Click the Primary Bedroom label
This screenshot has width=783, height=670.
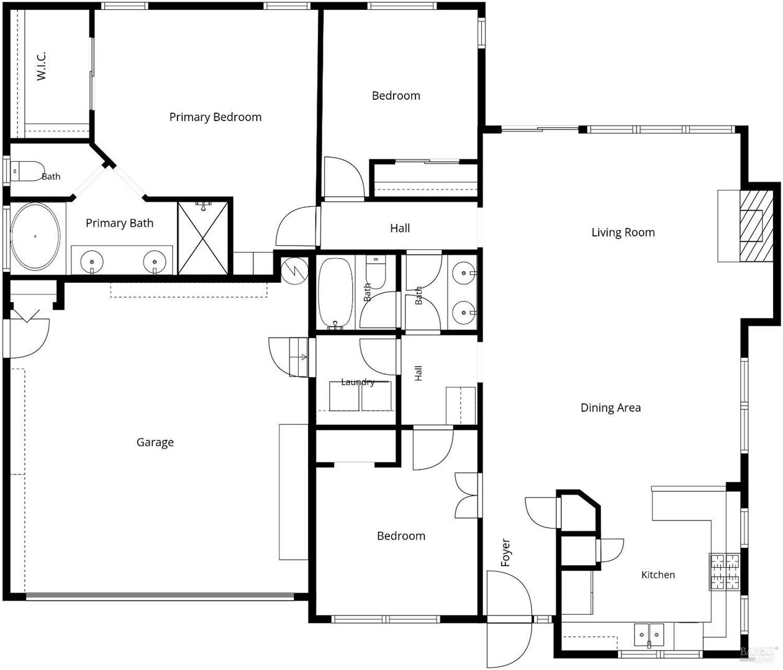[x=215, y=117]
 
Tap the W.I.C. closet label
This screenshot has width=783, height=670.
[x=41, y=66]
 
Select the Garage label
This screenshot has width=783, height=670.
[x=155, y=442]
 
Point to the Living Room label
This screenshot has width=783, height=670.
[x=623, y=233]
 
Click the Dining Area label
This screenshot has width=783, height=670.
[x=610, y=408]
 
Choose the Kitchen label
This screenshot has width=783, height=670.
[x=658, y=574]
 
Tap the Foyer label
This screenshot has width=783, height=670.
[x=505, y=552]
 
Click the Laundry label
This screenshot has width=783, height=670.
[x=358, y=382]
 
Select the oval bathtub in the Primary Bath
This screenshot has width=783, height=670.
[x=35, y=236]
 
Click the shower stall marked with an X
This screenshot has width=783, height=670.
[x=203, y=238]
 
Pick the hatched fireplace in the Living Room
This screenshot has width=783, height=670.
[x=756, y=226]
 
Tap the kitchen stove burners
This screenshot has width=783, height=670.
[x=724, y=572]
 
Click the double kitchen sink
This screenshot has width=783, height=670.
[x=649, y=635]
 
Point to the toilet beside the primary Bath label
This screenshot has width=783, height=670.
[x=27, y=171]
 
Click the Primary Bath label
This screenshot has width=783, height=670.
[x=120, y=223]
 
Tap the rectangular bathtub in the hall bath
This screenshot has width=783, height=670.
[x=335, y=293]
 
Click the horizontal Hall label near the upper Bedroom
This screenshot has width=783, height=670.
[x=400, y=228]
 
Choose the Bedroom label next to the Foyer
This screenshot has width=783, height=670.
[x=401, y=536]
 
